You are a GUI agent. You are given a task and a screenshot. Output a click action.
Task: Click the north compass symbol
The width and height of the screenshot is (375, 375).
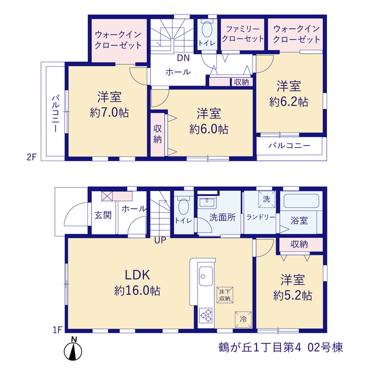coord(73,352)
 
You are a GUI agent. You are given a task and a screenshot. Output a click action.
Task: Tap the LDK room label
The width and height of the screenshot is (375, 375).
coord(138,275)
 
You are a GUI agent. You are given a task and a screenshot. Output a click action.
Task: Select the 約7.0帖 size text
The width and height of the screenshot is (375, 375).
coord(110,112)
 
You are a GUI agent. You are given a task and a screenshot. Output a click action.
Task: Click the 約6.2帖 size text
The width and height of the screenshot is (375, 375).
coord(289,102)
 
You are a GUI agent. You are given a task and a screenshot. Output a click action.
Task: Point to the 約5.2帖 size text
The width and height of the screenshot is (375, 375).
coord(292,295)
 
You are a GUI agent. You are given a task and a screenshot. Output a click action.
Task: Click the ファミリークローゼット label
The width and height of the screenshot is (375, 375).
coord(243,34)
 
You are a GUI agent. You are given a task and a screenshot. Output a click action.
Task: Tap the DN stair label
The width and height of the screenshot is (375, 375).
coord(183,58)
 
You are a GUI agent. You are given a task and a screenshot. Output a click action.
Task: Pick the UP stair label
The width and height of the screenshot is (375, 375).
coord(160,240)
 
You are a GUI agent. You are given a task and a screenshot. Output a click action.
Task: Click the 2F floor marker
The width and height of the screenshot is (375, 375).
coord(31,157)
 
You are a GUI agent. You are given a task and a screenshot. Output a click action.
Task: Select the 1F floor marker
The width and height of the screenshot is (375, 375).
coord(57,330)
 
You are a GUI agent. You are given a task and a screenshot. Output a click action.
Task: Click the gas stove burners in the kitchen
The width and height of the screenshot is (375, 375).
coord(206,315)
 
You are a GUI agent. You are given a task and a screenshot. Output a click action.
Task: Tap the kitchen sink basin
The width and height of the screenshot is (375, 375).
coord(206,276)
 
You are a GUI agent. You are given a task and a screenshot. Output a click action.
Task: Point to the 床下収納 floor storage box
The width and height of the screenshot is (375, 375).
coord(225,295)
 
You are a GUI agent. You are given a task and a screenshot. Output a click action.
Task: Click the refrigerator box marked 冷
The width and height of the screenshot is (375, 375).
coord(243,319)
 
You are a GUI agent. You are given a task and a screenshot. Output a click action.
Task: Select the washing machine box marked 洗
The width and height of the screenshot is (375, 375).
coord(267,199)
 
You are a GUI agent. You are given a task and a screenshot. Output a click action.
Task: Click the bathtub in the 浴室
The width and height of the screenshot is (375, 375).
coord(301,201)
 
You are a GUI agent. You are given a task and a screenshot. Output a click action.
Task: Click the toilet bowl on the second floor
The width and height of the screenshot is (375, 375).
coord(207,29)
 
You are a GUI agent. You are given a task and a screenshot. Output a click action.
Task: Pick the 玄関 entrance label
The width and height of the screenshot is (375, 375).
coord(103,215)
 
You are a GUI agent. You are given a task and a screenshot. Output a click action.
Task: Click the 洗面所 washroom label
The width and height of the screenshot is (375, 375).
coord(223,217)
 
